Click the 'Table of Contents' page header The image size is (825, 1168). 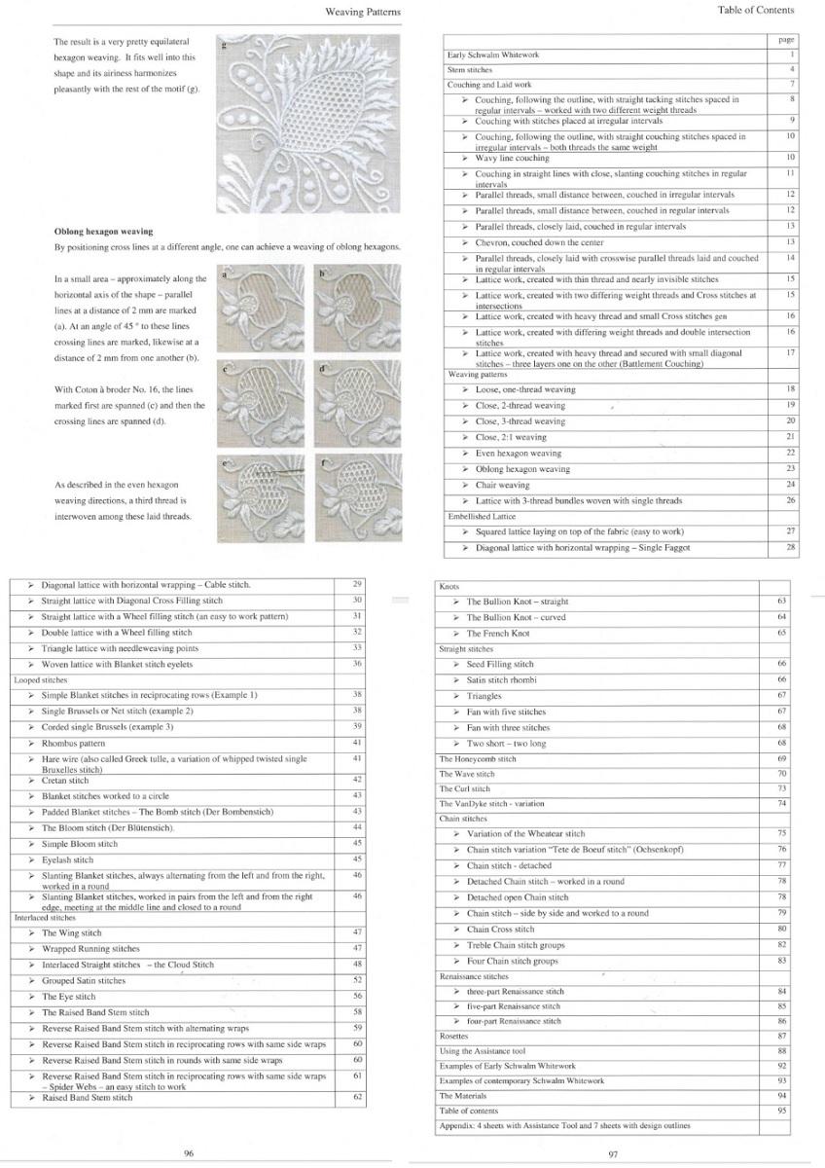(755, 11)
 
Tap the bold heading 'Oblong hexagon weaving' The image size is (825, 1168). (103, 232)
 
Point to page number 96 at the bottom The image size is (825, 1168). (189, 1152)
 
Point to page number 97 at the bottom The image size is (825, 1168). (613, 1154)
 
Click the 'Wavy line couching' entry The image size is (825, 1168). (512, 158)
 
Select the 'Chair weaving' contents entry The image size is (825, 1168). (502, 485)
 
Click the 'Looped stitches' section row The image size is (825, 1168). (41, 680)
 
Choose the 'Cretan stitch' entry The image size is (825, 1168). (65, 781)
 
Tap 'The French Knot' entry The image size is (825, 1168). (498, 634)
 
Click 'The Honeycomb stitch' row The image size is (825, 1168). (478, 759)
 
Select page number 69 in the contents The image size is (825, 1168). (781, 759)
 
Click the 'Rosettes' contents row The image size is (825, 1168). (454, 1037)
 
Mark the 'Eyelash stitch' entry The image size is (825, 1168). (68, 860)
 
